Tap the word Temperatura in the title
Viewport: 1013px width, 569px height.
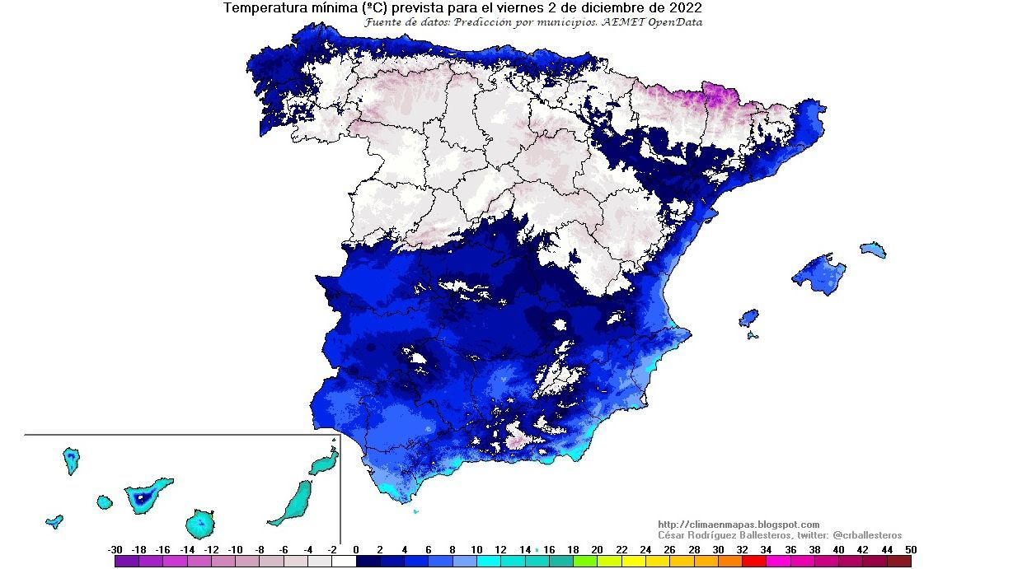[x=262, y=8]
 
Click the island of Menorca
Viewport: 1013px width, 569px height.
[x=873, y=250]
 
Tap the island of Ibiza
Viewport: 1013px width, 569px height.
[x=748, y=318]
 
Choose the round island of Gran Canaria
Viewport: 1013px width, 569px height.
[x=200, y=522]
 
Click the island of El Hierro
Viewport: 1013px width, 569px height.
[x=54, y=520]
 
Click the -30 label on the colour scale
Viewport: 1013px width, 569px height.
[x=115, y=549]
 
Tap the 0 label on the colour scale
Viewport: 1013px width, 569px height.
[x=355, y=549]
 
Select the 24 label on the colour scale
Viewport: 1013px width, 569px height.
[x=645, y=549]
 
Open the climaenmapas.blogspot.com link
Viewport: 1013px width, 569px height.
[x=739, y=525]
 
